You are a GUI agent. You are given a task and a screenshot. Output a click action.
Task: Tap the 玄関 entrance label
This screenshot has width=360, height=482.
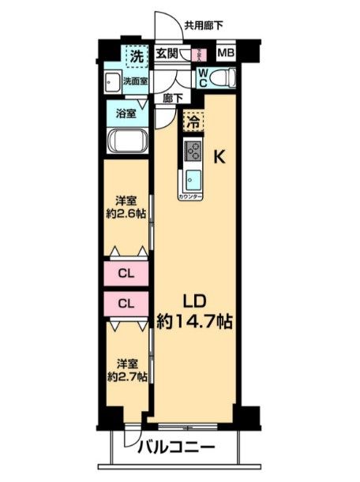pos(167,54)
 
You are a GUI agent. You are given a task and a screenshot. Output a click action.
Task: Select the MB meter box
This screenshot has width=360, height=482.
pos(226,54)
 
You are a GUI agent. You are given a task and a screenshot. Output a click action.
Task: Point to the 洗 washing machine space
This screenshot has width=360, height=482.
pos(137,56)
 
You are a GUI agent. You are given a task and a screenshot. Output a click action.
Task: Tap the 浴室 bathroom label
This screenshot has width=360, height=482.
pos(127,113)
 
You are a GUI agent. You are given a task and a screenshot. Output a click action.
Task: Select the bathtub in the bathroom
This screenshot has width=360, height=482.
pos(126,143)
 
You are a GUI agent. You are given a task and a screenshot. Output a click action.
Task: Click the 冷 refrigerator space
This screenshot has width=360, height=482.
pos(192,122)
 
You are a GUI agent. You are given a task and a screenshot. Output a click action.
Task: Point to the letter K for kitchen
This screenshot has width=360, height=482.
pos(221,156)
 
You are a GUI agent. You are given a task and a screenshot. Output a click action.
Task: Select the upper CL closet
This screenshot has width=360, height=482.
pos(126,275)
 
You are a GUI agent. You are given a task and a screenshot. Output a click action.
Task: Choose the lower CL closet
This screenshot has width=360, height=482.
pos(126,303)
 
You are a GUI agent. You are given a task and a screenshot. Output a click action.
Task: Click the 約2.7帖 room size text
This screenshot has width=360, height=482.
pos(126,377)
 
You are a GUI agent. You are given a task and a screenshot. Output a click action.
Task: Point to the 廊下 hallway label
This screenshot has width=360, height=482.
pos(173,99)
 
